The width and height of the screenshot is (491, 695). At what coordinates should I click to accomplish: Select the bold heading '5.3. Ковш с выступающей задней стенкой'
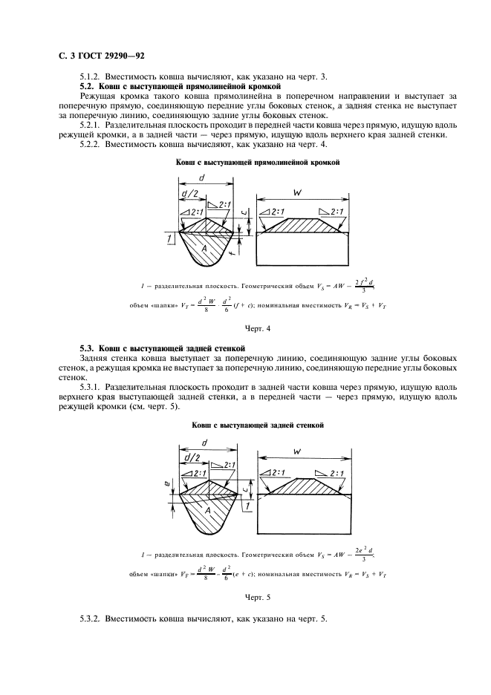tap(162, 348)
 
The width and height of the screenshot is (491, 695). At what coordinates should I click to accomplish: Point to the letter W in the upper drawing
tap(297, 193)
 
